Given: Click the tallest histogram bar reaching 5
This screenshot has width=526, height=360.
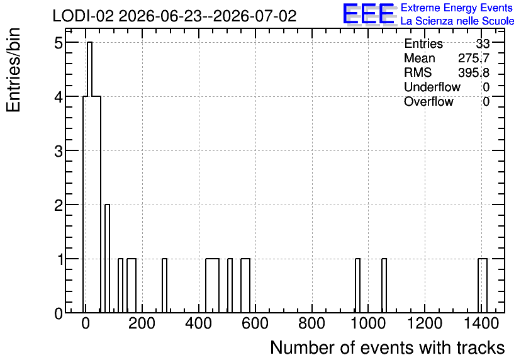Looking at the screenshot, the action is tap(89, 177).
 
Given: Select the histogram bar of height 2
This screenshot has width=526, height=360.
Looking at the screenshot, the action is tap(108, 259).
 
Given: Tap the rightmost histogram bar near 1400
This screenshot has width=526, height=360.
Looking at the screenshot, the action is tap(483, 286).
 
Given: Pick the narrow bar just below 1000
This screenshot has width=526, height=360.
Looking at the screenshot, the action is tap(357, 286).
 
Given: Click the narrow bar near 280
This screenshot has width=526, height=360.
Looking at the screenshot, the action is tap(164, 286).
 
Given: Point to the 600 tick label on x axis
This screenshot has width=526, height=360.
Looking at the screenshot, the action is tap(255, 323).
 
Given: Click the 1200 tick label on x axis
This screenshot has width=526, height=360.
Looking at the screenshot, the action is tap(425, 323).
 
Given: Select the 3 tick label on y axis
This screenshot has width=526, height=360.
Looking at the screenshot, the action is tap(59, 152).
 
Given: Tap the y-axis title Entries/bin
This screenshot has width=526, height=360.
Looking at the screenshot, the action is tap(13, 70).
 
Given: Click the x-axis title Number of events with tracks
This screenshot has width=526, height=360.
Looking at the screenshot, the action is tap(388, 347).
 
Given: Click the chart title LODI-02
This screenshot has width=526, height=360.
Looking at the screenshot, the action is tap(83, 16).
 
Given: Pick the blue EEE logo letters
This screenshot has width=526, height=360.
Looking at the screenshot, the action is tap(369, 14).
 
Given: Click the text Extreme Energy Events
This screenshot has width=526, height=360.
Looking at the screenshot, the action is tap(457, 8).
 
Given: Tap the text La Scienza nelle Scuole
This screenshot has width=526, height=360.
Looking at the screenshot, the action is tap(457, 21).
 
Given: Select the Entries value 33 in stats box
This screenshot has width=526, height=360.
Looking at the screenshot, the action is tap(483, 43).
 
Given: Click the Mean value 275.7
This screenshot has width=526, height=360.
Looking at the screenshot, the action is tap(474, 58).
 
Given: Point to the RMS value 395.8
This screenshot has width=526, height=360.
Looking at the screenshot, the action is tap(474, 72).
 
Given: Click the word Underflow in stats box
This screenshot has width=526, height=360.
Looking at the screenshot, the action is tap(432, 87).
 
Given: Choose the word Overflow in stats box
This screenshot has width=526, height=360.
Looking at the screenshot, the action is tap(428, 101).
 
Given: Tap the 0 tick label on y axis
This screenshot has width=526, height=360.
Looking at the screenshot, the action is tap(59, 314).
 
